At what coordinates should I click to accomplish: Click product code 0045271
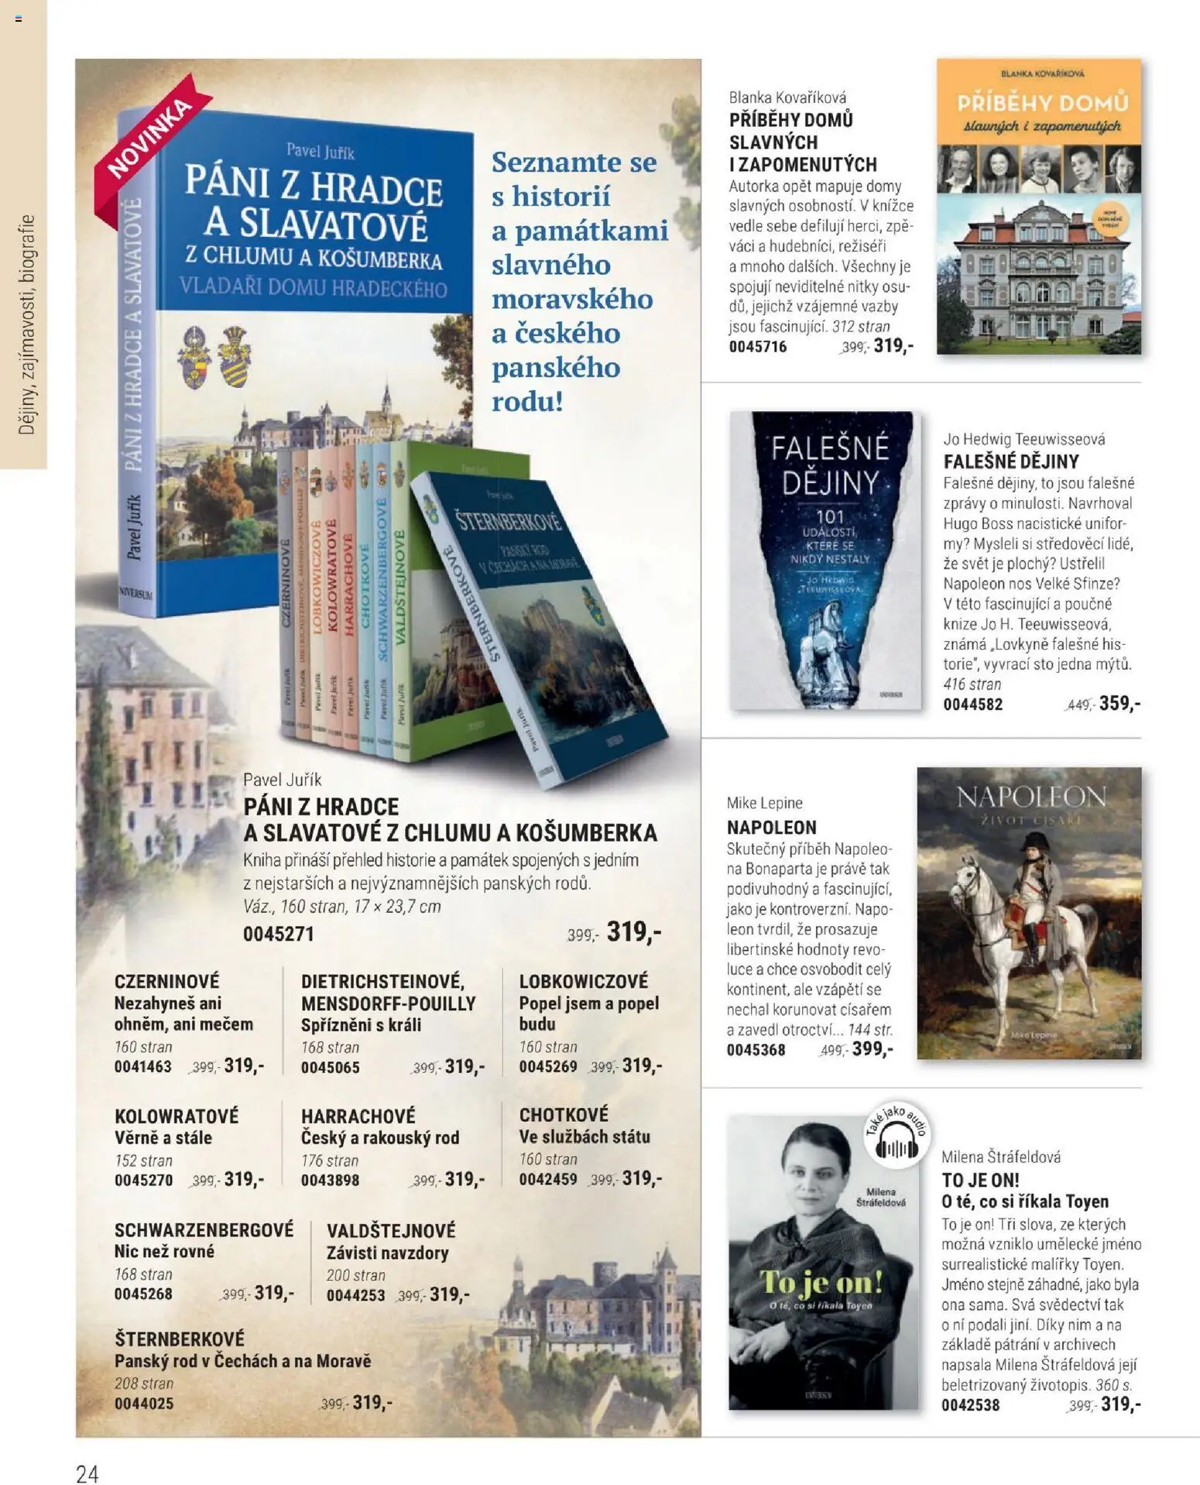tap(279, 934)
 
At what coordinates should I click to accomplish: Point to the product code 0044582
tap(972, 705)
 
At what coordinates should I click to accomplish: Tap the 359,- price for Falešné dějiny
tap(1119, 703)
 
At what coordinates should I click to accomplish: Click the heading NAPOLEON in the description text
tap(771, 827)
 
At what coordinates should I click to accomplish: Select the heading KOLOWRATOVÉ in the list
tap(177, 1116)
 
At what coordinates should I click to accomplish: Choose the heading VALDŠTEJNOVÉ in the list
tap(391, 1230)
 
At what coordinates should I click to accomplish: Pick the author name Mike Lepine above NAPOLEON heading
tap(764, 803)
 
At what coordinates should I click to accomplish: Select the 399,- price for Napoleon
tap(873, 1049)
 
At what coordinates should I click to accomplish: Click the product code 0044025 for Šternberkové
tap(144, 1403)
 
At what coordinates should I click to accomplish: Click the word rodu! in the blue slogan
tap(527, 402)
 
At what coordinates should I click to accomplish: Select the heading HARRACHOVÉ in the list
tap(358, 1116)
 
